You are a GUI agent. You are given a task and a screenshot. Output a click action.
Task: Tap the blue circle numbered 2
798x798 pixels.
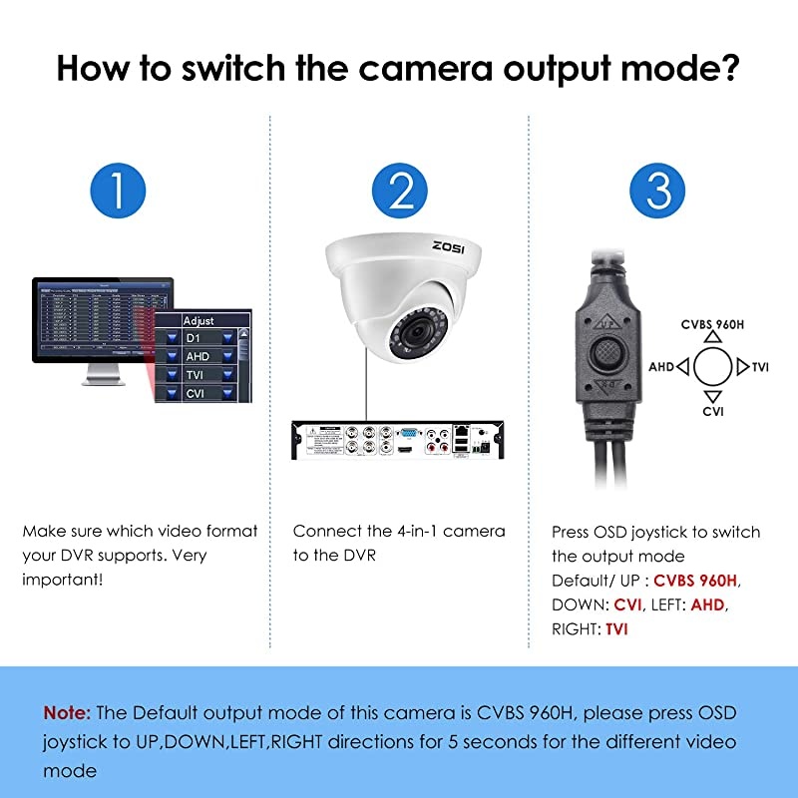point(400,189)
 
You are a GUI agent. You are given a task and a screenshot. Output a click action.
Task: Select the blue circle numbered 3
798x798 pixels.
point(657,189)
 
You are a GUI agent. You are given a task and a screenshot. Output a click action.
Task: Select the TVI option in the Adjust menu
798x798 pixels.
point(195,375)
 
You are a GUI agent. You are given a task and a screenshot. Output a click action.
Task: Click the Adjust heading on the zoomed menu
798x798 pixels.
point(199,321)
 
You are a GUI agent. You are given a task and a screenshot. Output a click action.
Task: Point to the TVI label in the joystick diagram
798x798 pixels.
point(760,367)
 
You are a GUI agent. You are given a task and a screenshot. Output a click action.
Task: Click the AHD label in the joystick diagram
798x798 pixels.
point(661,367)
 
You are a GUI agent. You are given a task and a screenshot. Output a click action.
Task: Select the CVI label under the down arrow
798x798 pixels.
point(712,410)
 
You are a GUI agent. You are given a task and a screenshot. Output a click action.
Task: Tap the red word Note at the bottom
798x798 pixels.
point(67,713)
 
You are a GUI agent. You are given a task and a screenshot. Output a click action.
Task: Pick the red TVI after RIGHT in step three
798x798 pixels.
point(616,628)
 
